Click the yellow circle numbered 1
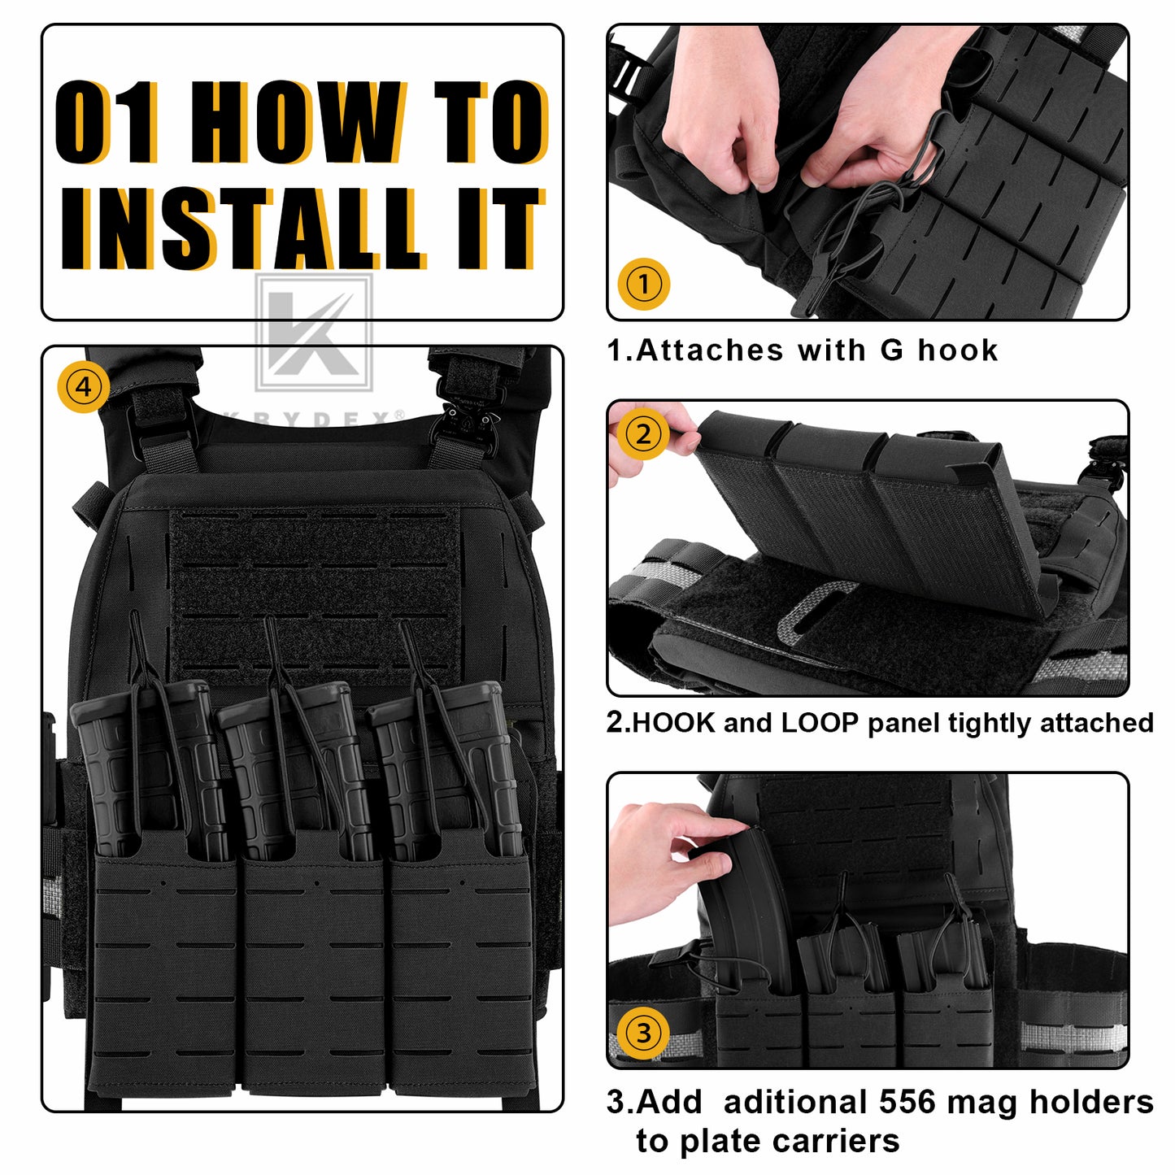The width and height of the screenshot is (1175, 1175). [x=643, y=284]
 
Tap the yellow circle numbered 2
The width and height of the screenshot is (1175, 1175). [x=643, y=434]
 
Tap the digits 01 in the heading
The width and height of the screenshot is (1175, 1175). [x=107, y=122]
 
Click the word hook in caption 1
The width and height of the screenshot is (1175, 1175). [x=957, y=350]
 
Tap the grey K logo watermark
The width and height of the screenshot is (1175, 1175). [x=313, y=333]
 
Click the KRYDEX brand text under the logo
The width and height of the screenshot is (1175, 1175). [x=313, y=419]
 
